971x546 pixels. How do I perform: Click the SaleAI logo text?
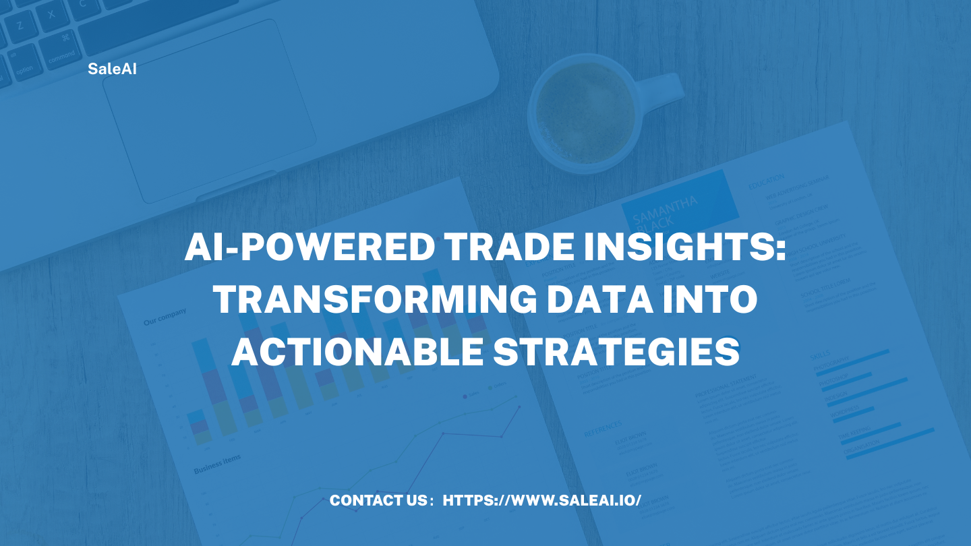112,68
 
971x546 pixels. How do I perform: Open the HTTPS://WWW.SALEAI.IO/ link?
542,501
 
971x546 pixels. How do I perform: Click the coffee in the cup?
585,111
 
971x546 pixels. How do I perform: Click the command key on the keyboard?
62,58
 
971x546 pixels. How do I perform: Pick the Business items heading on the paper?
217,464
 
